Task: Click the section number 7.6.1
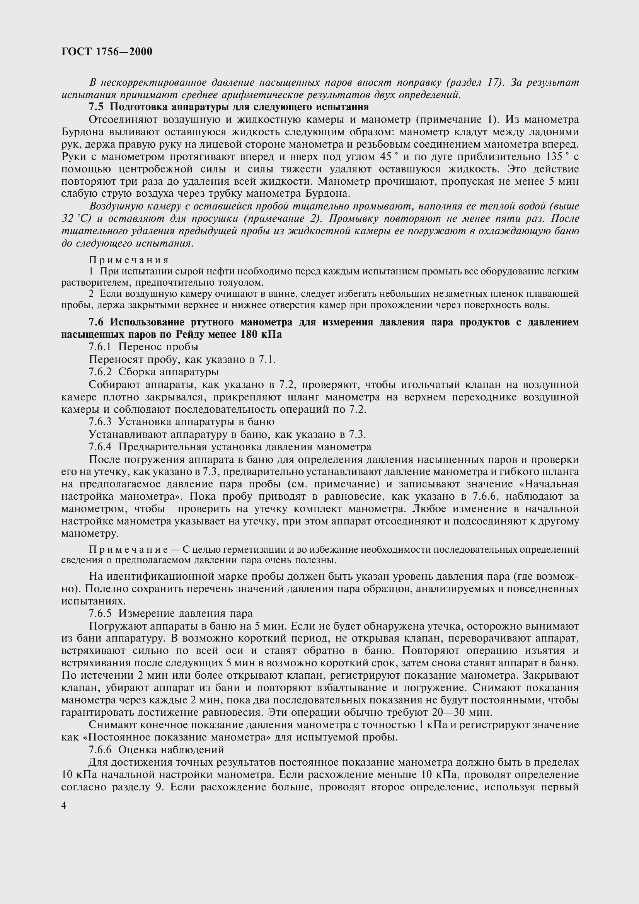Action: pyautogui.click(x=100, y=346)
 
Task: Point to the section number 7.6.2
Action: pyautogui.click(x=100, y=371)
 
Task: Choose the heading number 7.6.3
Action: pyautogui.click(x=100, y=422)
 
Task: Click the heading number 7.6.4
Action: pyautogui.click(x=100, y=447)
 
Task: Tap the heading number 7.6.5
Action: pyautogui.click(x=100, y=613)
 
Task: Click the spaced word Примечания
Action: pyautogui.click(x=129, y=260)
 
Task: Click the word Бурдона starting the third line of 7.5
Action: pyautogui.click(x=81, y=132)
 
